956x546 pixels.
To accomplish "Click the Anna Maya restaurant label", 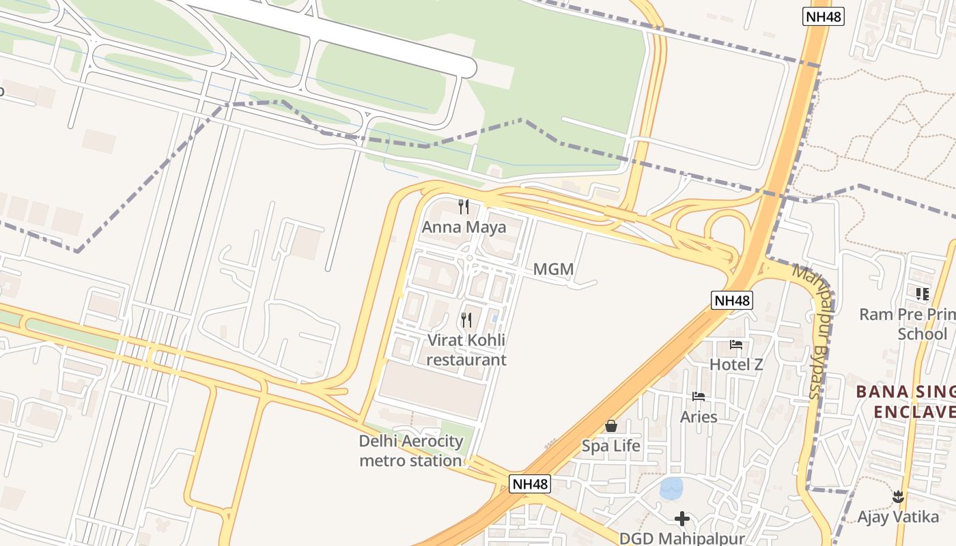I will coord(464,227).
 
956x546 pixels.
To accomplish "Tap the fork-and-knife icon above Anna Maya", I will coord(464,206).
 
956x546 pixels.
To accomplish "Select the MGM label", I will coord(553,269).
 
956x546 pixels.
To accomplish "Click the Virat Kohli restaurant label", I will coord(466,349).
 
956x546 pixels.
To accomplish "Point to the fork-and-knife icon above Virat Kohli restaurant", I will coord(466,319).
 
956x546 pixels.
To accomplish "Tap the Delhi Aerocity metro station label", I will coord(410,450).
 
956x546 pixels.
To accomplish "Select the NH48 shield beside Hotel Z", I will coord(732,300).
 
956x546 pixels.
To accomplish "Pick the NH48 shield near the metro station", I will coord(530,484).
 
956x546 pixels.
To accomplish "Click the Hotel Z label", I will coord(736,364).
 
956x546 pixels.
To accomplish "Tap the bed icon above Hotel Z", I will coord(736,344).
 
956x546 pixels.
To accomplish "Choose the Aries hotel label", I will coord(699,416).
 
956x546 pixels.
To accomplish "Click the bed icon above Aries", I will coord(699,396).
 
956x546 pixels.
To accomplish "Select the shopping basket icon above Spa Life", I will coord(611,426).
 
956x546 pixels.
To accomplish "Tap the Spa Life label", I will coord(611,446).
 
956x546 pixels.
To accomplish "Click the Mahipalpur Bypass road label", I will coord(813,331).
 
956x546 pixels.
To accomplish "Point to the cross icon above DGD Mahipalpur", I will coord(681,519).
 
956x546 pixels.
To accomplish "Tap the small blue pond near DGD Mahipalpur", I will coord(671,488).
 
